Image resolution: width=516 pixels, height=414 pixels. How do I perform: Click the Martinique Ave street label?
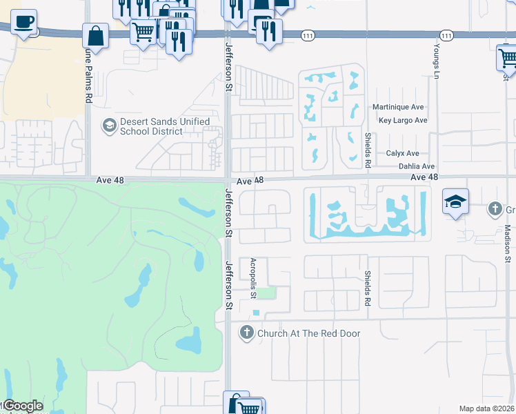point(398,108)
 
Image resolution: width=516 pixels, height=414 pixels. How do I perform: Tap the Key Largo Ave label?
point(403,120)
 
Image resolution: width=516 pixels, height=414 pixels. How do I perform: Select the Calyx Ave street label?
point(402,153)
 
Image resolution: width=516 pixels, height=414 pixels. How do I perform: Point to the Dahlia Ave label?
point(417,166)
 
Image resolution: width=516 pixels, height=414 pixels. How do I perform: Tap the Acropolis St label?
point(253,278)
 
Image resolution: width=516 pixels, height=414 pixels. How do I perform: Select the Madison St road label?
point(506,243)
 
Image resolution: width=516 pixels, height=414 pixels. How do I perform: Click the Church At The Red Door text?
point(309,333)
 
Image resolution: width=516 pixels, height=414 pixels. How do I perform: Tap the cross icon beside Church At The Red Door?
point(246,333)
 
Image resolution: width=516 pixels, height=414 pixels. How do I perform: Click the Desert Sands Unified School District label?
point(164,126)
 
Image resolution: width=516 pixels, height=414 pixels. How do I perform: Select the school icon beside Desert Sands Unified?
point(108,126)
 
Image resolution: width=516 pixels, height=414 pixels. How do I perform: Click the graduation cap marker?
point(455,201)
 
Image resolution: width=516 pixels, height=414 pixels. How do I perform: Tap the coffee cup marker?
point(24,23)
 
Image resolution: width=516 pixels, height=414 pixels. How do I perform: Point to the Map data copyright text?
point(486,408)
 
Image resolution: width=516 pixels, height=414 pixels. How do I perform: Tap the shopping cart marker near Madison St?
point(508,57)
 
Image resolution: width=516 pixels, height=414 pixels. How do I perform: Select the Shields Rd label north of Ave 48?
point(368,150)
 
